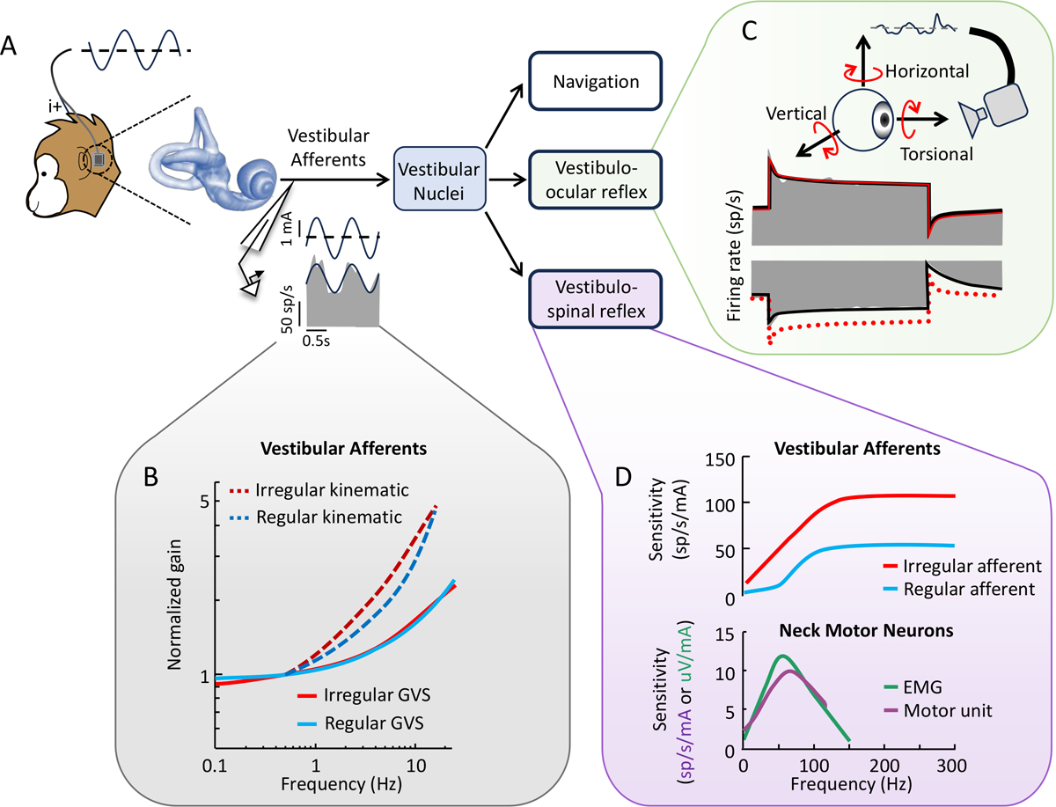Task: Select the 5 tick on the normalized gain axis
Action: click(202, 503)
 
